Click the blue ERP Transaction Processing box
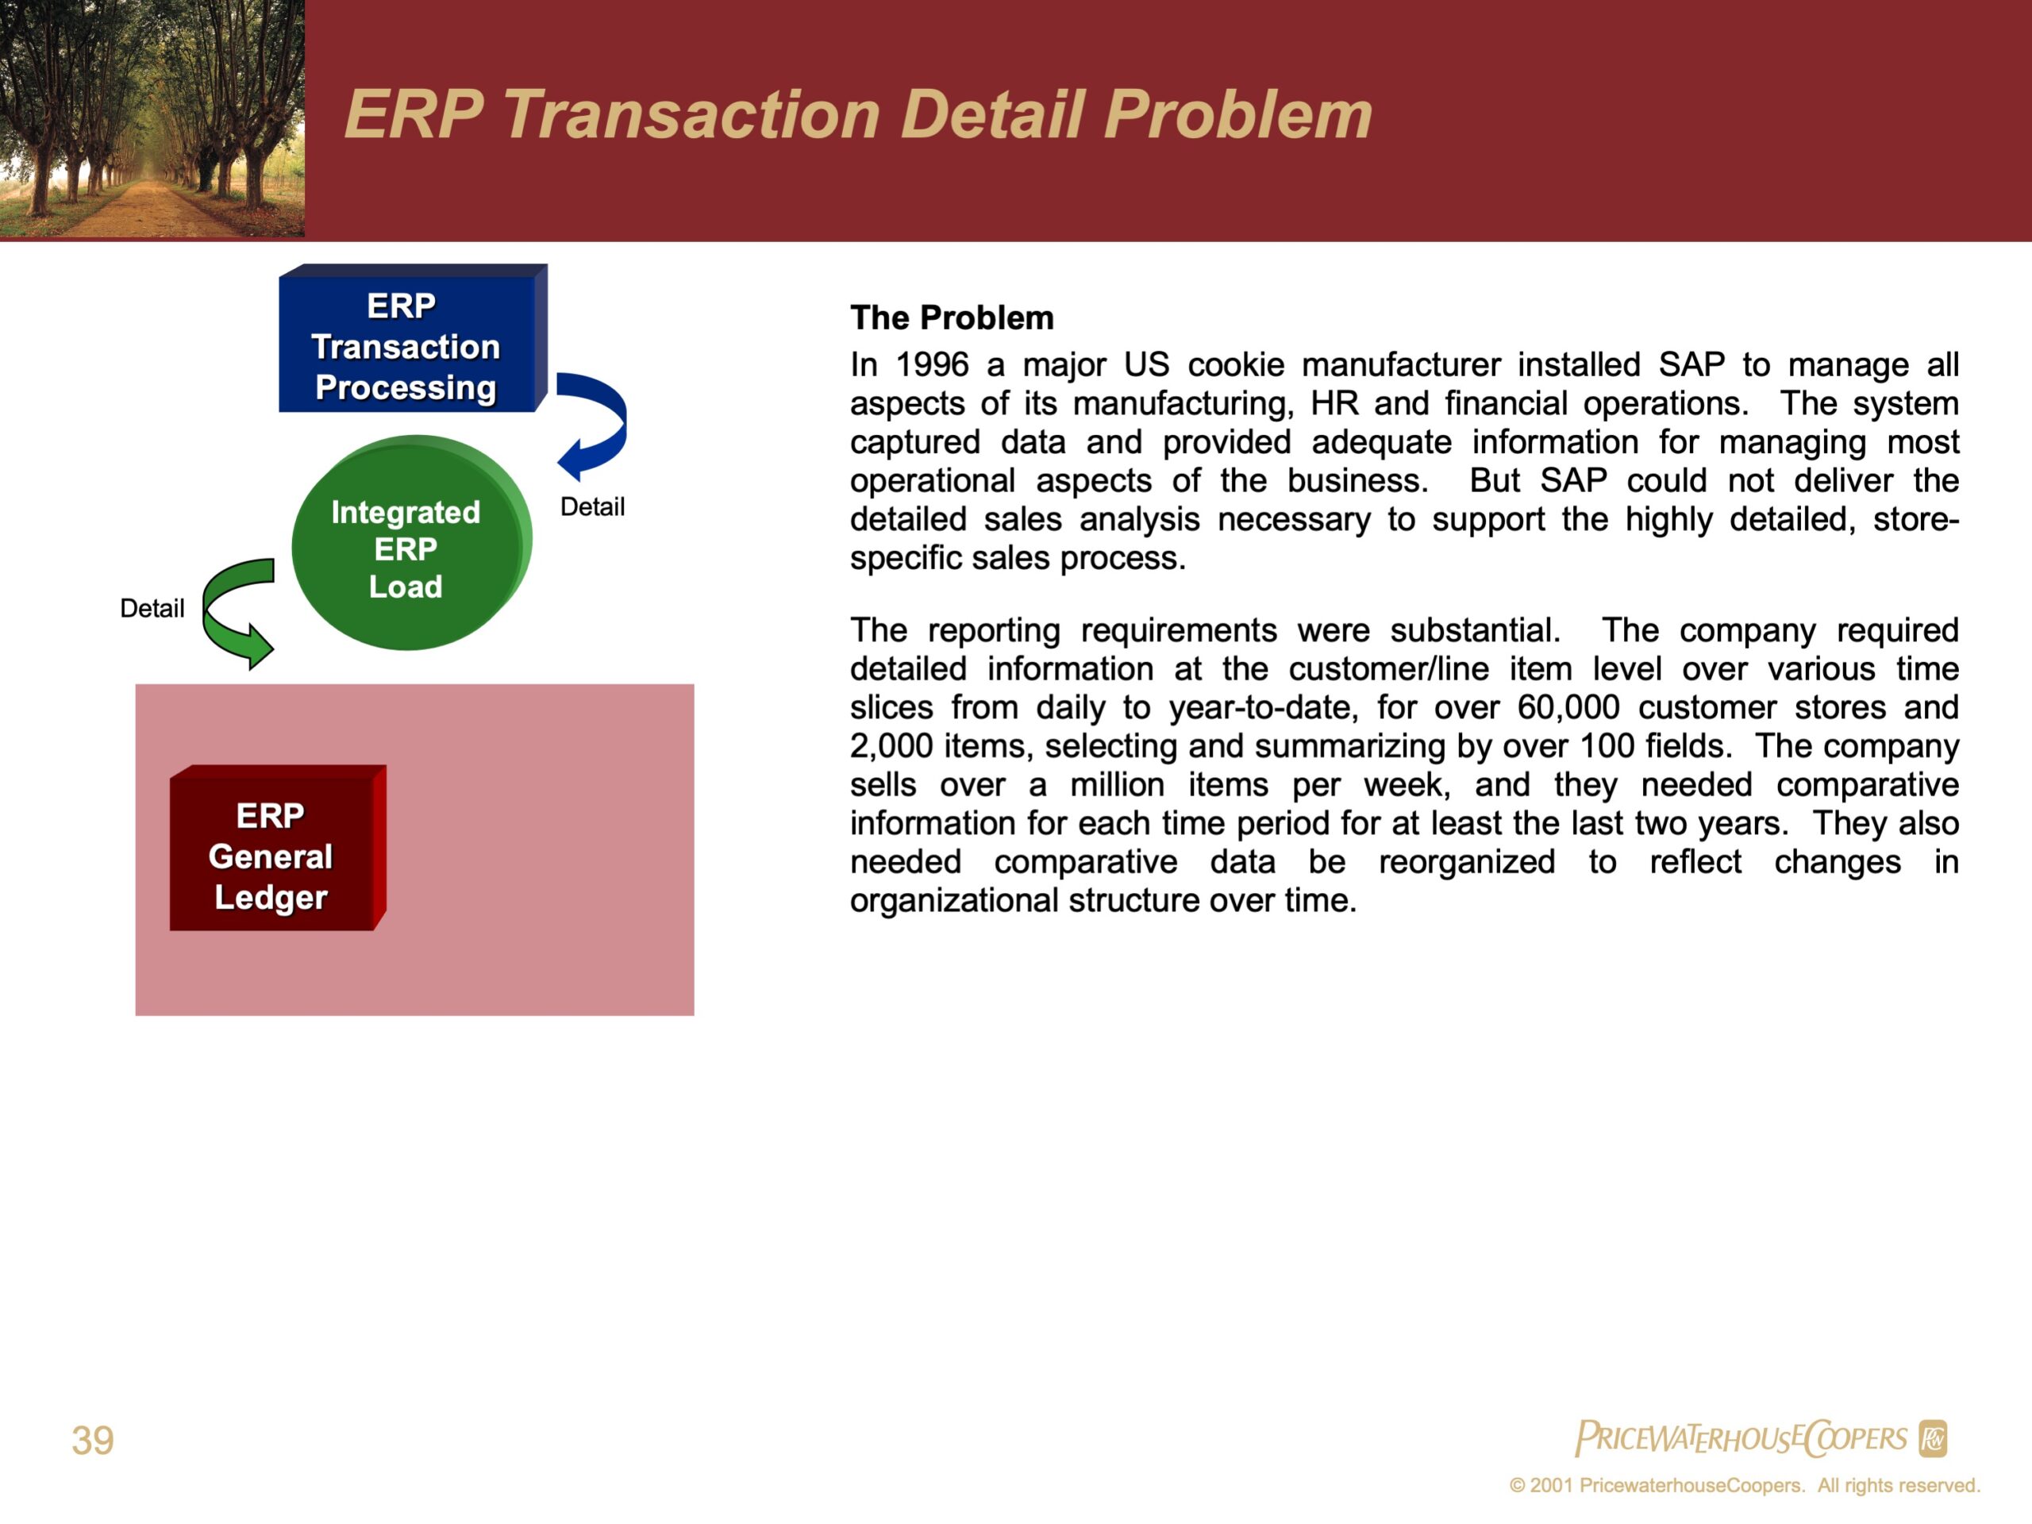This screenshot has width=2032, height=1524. click(413, 338)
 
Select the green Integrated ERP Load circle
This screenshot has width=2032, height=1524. click(411, 543)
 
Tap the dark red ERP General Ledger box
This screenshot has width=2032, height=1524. click(278, 848)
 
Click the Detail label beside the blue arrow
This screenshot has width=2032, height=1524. click(592, 507)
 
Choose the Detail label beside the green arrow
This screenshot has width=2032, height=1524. click(152, 608)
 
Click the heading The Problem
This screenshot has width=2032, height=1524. click(952, 317)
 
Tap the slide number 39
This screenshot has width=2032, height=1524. click(93, 1441)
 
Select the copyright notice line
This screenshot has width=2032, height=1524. click(1745, 1485)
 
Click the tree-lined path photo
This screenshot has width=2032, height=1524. click(152, 118)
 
